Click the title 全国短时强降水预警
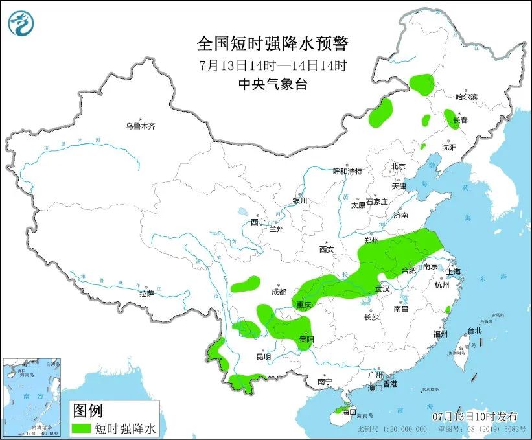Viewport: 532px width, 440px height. click(272, 43)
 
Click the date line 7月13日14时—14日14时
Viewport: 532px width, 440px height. click(273, 65)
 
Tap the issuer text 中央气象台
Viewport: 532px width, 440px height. click(272, 84)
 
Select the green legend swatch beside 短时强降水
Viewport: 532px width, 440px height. click(82, 428)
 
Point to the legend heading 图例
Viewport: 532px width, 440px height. click(87, 410)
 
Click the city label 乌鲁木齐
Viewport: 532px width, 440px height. click(141, 126)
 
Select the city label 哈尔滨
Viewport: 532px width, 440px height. click(466, 97)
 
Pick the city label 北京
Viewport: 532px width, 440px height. click(398, 167)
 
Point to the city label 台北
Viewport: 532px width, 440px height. click(474, 330)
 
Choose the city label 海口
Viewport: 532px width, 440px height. click(349, 411)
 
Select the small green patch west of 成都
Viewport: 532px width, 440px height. click(246, 283)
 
